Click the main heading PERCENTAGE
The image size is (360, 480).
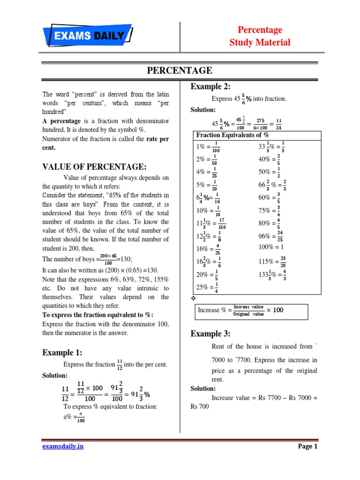point(180,71)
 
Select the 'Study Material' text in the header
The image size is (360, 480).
point(260,43)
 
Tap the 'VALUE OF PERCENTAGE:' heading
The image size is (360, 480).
point(94,167)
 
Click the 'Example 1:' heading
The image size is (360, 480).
point(62,352)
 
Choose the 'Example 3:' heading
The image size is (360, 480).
point(210,334)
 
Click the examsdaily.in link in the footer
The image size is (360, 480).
point(63,446)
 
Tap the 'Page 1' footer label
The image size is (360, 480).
point(308,446)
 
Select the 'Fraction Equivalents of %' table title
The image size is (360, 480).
point(232,135)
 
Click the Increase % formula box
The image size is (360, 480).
point(251,310)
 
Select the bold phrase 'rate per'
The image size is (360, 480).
point(157,139)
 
